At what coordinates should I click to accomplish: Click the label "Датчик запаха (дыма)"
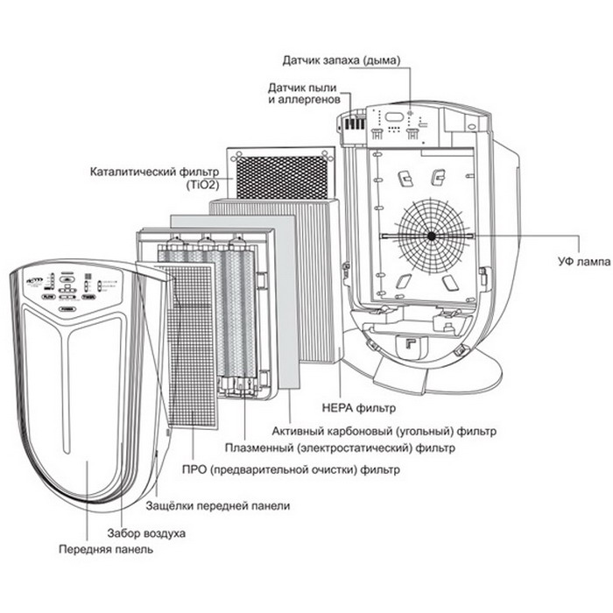tap(341, 60)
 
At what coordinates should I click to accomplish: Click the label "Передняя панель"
tap(106, 549)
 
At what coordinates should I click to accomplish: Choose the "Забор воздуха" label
tap(146, 532)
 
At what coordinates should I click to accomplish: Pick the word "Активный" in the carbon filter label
tap(294, 431)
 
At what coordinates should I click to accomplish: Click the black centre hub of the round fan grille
tap(432, 236)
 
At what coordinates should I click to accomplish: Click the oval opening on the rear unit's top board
tap(393, 116)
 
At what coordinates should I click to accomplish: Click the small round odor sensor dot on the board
tap(410, 115)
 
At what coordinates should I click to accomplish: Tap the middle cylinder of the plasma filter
tap(208, 315)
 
